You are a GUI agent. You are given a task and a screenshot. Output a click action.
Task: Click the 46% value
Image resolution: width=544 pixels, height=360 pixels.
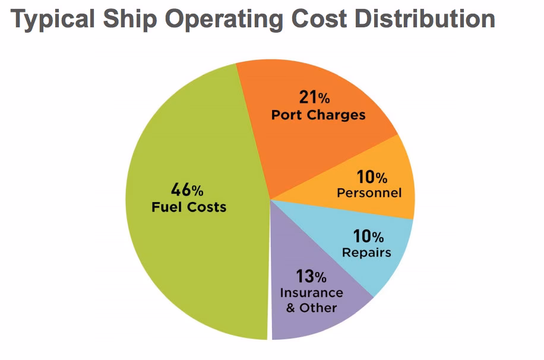pyautogui.click(x=187, y=190)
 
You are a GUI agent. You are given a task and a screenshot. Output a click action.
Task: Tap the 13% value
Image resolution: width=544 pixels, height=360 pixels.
pyautogui.click(x=311, y=276)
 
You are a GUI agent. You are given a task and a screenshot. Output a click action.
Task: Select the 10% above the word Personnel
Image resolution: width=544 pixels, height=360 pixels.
pyautogui.click(x=372, y=176)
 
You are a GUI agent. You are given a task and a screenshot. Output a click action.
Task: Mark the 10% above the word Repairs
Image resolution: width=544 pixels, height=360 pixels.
pyautogui.click(x=369, y=236)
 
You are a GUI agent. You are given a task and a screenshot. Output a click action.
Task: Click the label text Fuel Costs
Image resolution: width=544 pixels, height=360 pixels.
pyautogui.click(x=188, y=207)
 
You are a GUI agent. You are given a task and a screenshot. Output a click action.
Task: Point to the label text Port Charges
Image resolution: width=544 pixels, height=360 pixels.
pyautogui.click(x=318, y=114)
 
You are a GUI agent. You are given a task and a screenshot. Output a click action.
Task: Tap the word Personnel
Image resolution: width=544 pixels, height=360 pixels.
pyautogui.click(x=369, y=192)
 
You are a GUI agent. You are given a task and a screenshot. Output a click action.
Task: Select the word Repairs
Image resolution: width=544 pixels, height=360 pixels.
pyautogui.click(x=366, y=252)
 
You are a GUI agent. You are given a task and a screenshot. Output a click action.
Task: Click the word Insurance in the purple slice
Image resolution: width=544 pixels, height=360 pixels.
pyautogui.click(x=311, y=293)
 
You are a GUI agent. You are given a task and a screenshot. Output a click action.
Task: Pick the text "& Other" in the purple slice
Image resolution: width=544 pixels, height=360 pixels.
pyautogui.click(x=311, y=308)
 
